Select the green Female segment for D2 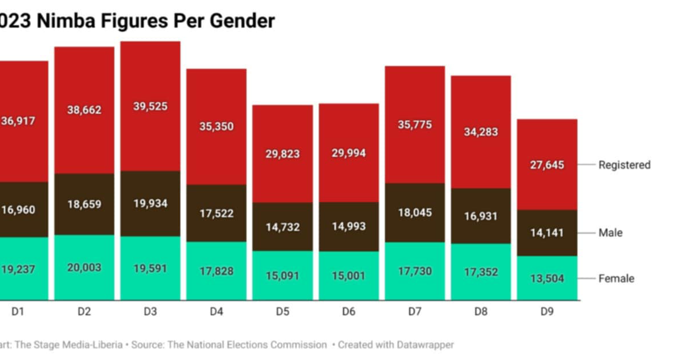84,268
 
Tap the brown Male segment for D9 547,233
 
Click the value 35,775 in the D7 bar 414,125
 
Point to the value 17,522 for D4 216,213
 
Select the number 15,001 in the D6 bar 349,276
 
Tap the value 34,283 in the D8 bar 481,132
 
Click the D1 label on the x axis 18,312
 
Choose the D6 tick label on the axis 349,312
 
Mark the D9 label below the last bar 547,312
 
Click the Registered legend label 624,165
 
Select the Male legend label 610,233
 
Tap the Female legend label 616,278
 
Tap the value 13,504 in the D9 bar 547,279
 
